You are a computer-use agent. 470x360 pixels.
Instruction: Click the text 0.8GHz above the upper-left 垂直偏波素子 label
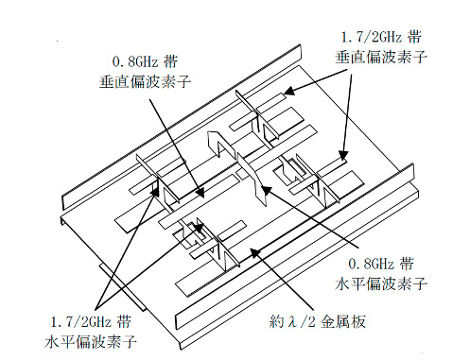pyautogui.click(x=135, y=61)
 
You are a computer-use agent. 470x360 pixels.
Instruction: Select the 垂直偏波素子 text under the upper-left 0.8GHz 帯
pyautogui.click(x=146, y=82)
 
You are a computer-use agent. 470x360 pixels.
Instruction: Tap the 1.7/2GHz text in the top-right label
pyautogui.click(x=372, y=37)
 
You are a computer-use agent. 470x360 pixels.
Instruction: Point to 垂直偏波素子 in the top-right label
pyautogui.click(x=381, y=58)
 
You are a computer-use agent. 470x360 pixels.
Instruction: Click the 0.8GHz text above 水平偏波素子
pyautogui.click(x=371, y=264)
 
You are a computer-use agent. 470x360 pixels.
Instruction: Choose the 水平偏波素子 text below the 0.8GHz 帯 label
pyautogui.click(x=381, y=283)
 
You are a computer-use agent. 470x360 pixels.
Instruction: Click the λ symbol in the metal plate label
pyautogui.click(x=292, y=321)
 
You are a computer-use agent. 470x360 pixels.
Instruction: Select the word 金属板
pyautogui.click(x=343, y=322)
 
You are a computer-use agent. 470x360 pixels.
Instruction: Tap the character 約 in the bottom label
pyautogui.click(x=277, y=321)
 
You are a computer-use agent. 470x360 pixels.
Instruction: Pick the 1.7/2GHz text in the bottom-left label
pyautogui.click(x=80, y=322)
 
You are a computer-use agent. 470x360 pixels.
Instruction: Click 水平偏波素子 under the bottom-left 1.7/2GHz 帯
pyautogui.click(x=91, y=342)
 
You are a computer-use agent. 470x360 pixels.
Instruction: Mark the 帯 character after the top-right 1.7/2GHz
pyautogui.click(x=414, y=37)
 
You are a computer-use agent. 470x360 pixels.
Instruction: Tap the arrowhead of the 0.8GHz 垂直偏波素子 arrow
pyautogui.click(x=200, y=193)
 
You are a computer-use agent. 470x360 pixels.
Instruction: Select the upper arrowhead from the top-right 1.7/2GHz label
pyautogui.click(x=288, y=92)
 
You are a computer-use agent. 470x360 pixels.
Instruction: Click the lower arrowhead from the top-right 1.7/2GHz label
pyautogui.click(x=343, y=156)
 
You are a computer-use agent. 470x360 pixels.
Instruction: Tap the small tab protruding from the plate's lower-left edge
pyautogui.click(x=124, y=287)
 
